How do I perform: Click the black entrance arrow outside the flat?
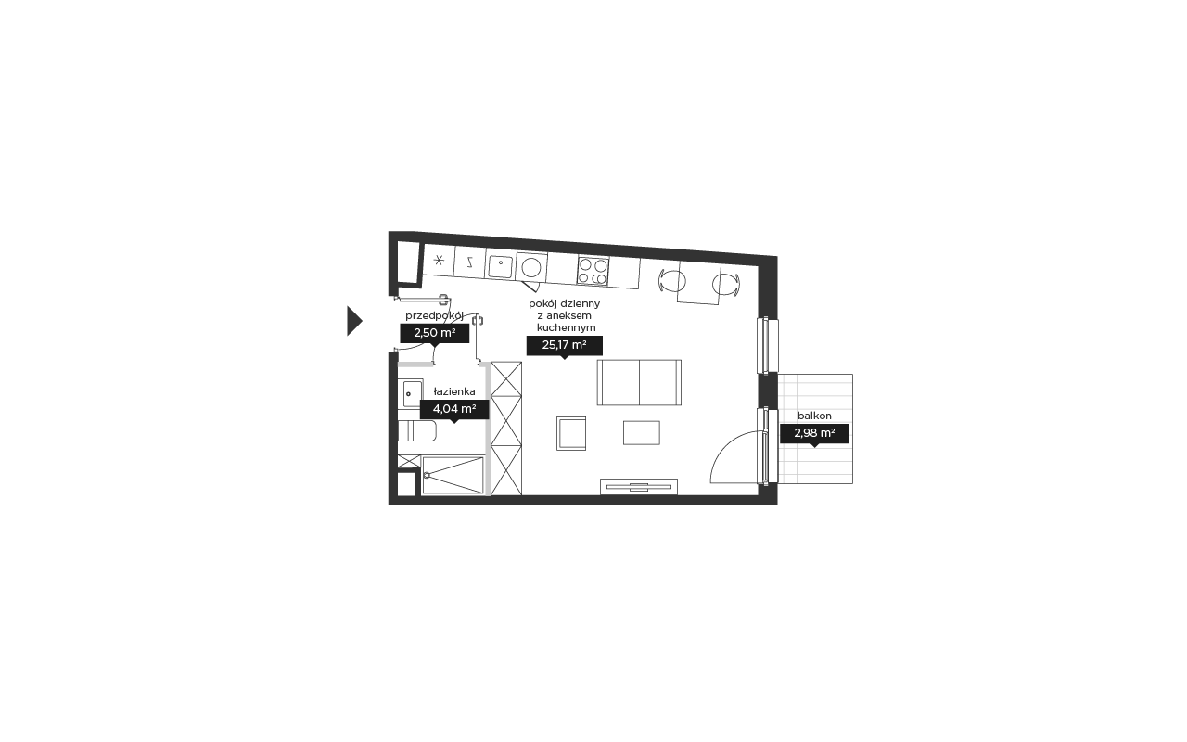[x=353, y=321]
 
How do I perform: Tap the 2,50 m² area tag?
[x=435, y=333]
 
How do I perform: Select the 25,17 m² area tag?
[x=565, y=346]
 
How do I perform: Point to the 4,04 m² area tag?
[x=454, y=410]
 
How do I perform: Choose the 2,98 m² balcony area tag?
[x=814, y=433]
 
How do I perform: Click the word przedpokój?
[x=435, y=316]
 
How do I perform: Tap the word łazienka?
[x=454, y=391]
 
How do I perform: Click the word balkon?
[x=814, y=416]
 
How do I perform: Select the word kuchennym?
[x=566, y=327]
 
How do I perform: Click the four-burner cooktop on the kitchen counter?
[x=593, y=272]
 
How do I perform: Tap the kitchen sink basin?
[x=500, y=266]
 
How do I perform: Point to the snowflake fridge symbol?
[x=439, y=260]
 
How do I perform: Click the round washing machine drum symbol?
[x=531, y=268]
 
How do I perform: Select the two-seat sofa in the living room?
[x=639, y=383]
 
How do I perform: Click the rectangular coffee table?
[x=641, y=433]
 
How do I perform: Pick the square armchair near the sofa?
[x=571, y=433]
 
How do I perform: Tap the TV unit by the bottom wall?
[x=639, y=487]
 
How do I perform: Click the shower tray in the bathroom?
[x=453, y=476]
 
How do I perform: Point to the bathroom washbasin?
[x=410, y=392]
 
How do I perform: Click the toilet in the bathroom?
[x=417, y=431]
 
